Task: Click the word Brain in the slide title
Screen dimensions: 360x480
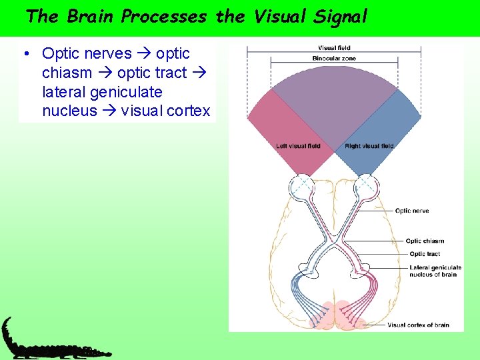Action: tap(91, 17)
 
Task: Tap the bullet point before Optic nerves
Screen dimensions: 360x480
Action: tap(24, 53)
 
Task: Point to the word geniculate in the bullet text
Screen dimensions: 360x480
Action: tap(131, 92)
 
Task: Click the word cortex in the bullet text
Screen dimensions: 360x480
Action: tap(189, 111)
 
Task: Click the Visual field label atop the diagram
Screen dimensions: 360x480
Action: tap(334, 48)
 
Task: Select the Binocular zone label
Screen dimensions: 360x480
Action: tap(334, 59)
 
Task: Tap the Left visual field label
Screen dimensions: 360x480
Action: tap(298, 146)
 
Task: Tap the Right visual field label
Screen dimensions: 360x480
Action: tap(370, 146)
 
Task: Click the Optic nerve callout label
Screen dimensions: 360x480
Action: tap(411, 211)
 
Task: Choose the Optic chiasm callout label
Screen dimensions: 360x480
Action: tap(425, 241)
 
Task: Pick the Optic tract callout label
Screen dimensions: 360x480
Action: tap(425, 254)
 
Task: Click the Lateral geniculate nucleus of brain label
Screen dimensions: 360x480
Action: tap(435, 271)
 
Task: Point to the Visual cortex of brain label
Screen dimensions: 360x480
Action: tap(418, 325)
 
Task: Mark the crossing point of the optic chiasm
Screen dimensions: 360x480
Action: tap(333, 238)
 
